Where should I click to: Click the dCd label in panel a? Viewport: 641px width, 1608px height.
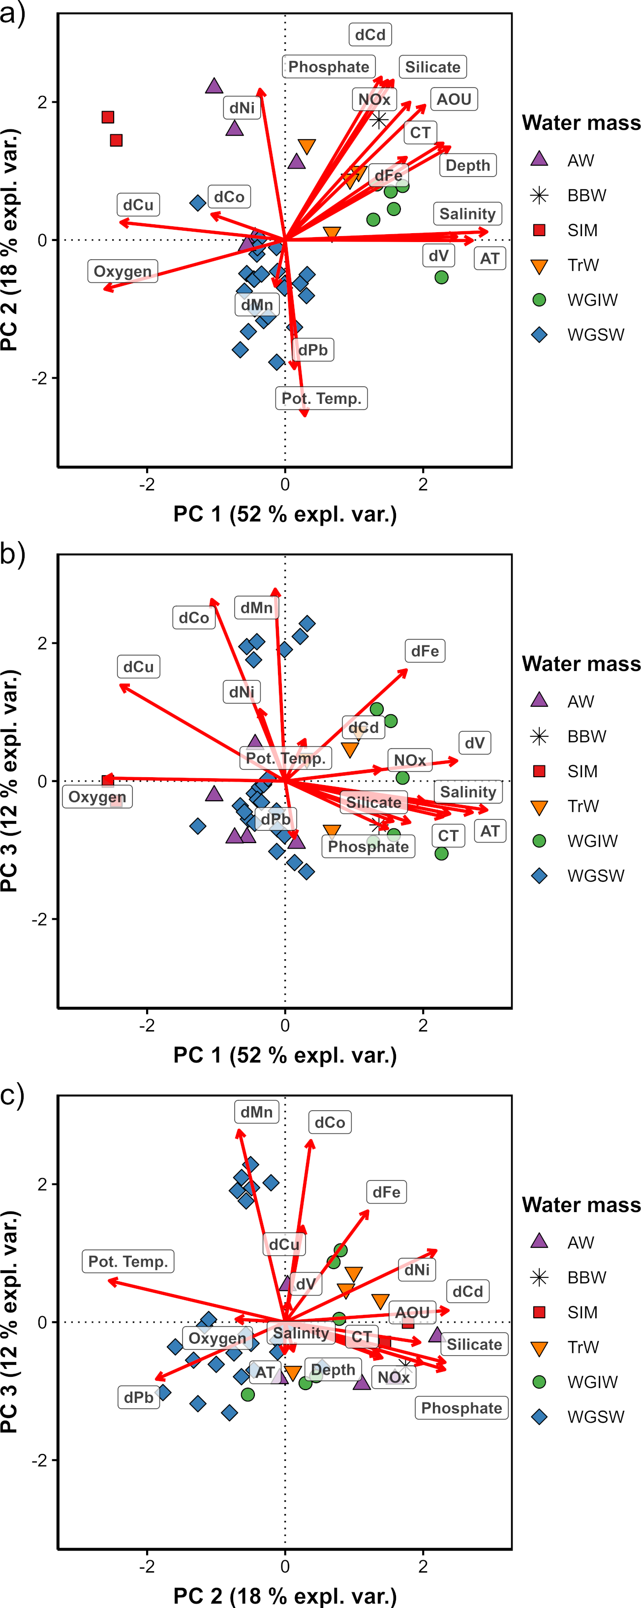coord(370,35)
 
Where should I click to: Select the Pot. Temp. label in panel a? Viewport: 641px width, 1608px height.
coord(321,398)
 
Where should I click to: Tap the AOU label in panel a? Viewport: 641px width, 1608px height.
coord(454,99)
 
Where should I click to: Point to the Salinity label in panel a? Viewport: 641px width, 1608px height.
coord(467,214)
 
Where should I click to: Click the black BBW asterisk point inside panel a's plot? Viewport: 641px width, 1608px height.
coord(379,119)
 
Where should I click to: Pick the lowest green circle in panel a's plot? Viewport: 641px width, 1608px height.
coord(441,277)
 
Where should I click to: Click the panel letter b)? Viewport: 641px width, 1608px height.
coord(12,554)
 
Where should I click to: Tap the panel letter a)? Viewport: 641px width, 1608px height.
coord(12,12)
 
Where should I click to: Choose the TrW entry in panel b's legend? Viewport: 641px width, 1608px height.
coord(582,806)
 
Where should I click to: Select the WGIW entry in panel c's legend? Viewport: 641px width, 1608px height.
coord(592,1382)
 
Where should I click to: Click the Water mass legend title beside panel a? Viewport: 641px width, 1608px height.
coord(581,123)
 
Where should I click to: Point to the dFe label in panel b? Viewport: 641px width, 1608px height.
coord(425,651)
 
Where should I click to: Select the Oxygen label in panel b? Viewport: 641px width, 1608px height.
coord(97,797)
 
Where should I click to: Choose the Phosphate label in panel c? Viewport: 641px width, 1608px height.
coord(461,1408)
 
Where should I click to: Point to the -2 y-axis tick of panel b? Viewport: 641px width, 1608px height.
coord(42,919)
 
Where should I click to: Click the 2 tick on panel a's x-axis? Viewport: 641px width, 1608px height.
coord(423,485)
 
